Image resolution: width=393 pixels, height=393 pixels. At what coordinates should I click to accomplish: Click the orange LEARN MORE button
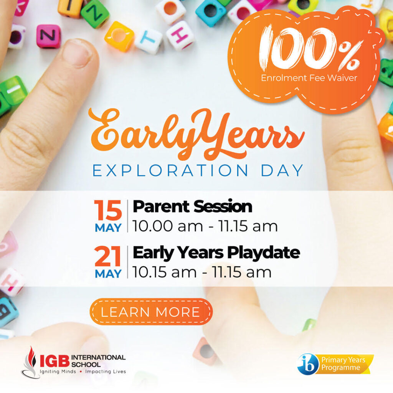(151, 312)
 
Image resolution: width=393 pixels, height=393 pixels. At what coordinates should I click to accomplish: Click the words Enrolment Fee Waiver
(309, 78)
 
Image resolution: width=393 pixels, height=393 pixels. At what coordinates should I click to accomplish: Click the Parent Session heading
(193, 206)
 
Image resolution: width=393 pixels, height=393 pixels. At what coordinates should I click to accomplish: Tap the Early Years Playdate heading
(216, 253)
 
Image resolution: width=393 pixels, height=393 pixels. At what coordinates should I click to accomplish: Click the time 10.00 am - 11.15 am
(205, 226)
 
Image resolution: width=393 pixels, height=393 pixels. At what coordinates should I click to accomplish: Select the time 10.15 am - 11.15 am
(202, 272)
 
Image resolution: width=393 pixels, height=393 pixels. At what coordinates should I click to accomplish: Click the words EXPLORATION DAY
(198, 170)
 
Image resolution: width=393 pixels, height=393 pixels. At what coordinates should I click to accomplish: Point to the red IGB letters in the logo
(54, 361)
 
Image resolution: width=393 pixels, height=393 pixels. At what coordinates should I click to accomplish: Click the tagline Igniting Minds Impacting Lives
(83, 372)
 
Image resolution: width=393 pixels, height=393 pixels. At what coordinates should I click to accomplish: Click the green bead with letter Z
(95, 13)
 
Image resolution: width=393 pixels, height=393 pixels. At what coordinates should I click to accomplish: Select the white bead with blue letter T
(148, 41)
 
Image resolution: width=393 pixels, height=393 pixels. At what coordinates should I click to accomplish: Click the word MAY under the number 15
(108, 228)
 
